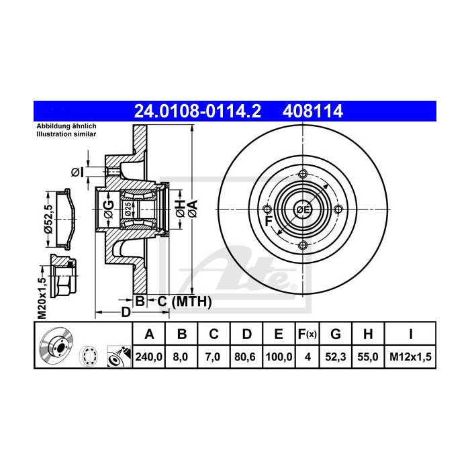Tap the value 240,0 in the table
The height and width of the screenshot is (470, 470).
[150, 357]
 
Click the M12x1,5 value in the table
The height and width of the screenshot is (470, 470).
[410, 357]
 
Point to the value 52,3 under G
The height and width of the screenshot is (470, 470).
[336, 357]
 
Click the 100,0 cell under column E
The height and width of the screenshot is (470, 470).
[278, 357]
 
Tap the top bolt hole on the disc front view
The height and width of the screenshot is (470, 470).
[302, 175]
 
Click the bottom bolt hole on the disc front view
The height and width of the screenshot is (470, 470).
[302, 245]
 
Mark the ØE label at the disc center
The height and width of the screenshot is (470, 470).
[303, 210]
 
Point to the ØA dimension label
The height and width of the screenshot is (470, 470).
[193, 209]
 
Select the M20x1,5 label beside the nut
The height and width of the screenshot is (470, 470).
[41, 296]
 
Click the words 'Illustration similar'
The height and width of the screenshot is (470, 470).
[66, 134]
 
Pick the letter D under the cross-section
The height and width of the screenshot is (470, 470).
[125, 312]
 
